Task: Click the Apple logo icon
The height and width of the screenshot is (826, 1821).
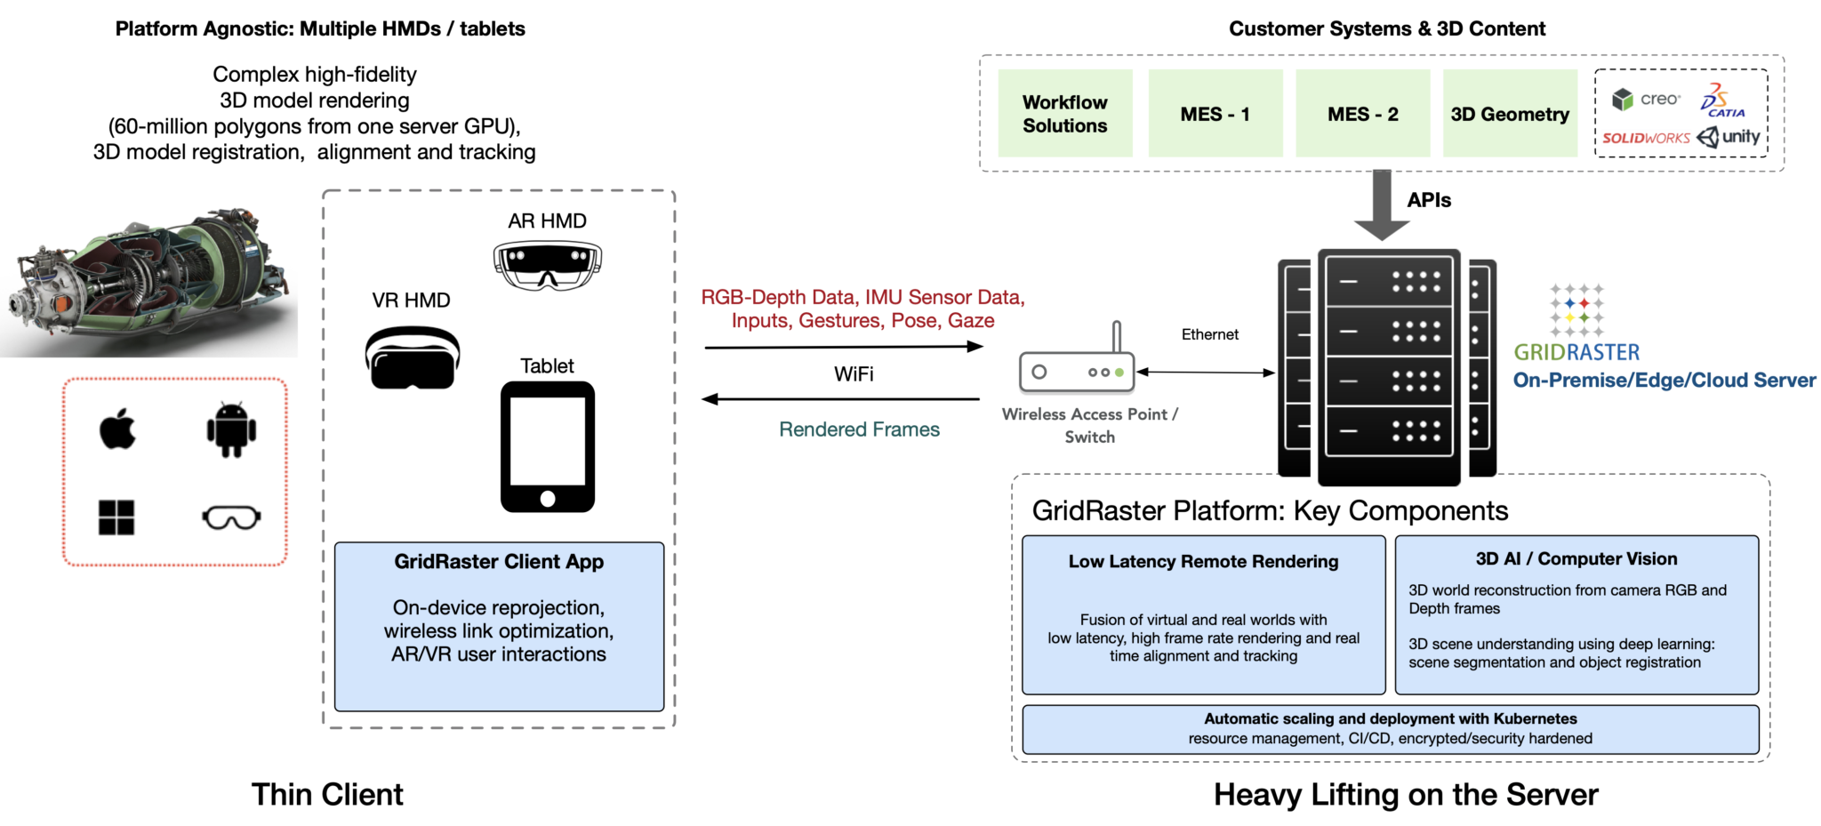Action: pyautogui.click(x=117, y=429)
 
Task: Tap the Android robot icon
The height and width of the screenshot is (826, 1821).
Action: pyautogui.click(x=231, y=429)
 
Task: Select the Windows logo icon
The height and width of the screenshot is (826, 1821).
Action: pyautogui.click(x=116, y=517)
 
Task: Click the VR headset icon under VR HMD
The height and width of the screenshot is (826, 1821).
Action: pyautogui.click(x=413, y=357)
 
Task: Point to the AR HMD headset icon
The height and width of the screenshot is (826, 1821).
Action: pyautogui.click(x=547, y=266)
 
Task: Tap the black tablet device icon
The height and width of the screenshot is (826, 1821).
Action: pyautogui.click(x=548, y=446)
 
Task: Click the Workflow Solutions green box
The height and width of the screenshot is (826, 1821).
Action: pyautogui.click(x=1064, y=114)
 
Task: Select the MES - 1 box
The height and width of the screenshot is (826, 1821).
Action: pyautogui.click(x=1215, y=114)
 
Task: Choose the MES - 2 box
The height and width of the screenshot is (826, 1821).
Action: pyautogui.click(x=1362, y=114)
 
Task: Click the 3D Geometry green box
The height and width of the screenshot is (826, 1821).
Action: pyautogui.click(x=1510, y=114)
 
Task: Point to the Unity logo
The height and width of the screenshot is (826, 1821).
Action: pyautogui.click(x=1729, y=137)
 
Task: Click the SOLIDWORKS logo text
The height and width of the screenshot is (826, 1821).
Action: pyautogui.click(x=1646, y=138)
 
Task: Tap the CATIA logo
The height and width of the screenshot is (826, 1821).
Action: pyautogui.click(x=1722, y=100)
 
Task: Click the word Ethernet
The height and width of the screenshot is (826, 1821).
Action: pyautogui.click(x=1209, y=334)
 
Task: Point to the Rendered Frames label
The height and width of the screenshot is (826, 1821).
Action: pyautogui.click(x=859, y=429)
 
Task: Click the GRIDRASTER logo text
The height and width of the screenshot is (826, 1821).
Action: pyautogui.click(x=1576, y=352)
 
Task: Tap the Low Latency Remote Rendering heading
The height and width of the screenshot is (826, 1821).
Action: pyautogui.click(x=1203, y=561)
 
